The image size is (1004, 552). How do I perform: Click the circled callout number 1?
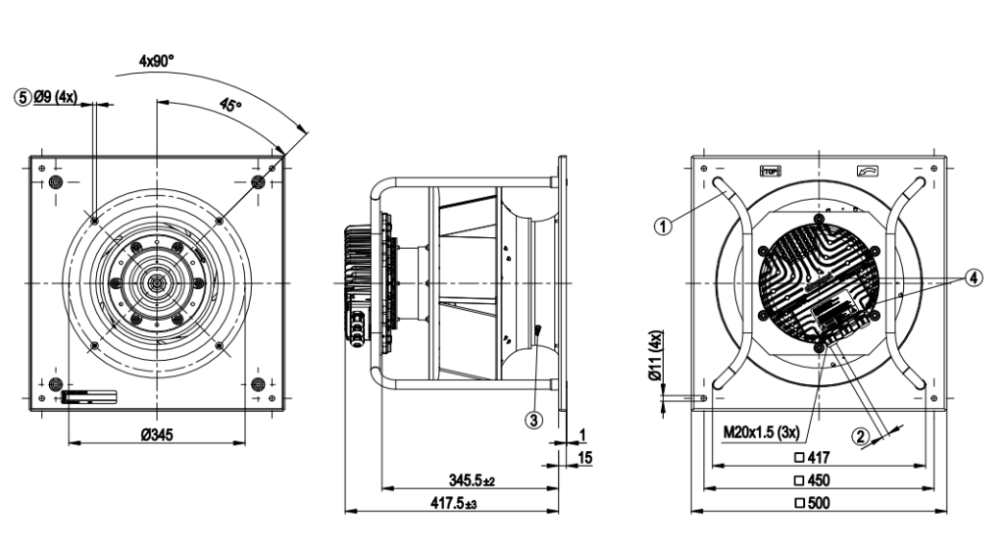click(x=663, y=225)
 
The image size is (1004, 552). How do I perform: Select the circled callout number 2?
click(x=860, y=438)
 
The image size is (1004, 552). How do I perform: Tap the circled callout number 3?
click(x=533, y=420)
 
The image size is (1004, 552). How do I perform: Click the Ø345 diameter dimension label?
click(x=156, y=434)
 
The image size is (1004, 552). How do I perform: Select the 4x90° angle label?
click(x=156, y=60)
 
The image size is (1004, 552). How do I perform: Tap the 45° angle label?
click(x=233, y=107)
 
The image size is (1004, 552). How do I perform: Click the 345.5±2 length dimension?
click(x=472, y=480)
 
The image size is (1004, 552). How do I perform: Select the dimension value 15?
click(x=584, y=458)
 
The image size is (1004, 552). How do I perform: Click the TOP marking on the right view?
click(x=770, y=171)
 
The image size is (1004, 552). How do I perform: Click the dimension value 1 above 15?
click(x=581, y=434)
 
